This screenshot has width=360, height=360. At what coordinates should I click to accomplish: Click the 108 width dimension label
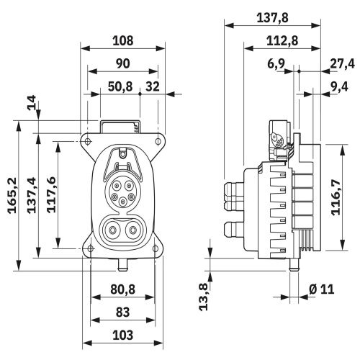(122, 41)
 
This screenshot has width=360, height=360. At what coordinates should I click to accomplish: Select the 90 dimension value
(122, 63)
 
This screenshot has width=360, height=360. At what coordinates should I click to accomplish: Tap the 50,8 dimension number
(120, 86)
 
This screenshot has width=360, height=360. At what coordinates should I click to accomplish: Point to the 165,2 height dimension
(12, 195)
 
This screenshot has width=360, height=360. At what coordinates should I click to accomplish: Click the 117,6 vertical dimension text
(51, 194)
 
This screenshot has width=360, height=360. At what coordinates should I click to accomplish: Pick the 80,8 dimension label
(122, 289)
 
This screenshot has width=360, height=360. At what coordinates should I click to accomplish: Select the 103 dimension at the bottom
(122, 335)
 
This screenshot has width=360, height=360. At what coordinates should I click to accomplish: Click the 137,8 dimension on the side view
(272, 18)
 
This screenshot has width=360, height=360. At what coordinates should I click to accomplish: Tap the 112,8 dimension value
(282, 41)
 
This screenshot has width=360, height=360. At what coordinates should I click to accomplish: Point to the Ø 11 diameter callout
(322, 289)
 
